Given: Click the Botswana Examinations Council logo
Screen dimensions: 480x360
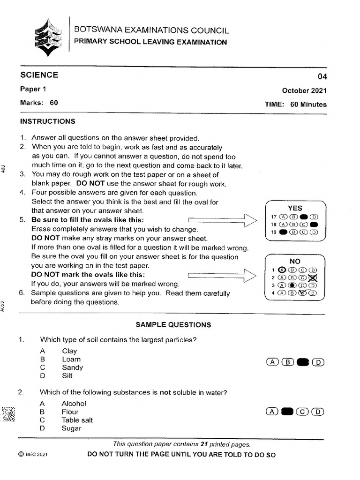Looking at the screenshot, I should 48,37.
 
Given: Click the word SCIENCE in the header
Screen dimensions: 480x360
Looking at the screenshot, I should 39,75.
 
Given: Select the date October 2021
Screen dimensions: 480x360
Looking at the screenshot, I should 304,91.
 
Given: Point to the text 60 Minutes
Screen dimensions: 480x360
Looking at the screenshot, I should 308,105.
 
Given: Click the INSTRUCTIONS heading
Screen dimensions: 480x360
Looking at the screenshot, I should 47,121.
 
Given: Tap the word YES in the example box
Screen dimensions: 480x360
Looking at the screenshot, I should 295,208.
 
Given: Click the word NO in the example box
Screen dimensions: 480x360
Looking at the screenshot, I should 295,261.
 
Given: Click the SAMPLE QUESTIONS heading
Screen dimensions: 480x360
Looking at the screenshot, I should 173,325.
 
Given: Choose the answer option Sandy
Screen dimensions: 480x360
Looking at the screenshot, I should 72,367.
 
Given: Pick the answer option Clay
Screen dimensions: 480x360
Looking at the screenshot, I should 69,351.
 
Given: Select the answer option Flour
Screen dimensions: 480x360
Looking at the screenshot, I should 70,412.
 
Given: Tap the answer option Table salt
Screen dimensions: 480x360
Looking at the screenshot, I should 77,420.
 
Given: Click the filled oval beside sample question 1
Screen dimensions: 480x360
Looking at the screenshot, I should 303,361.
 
